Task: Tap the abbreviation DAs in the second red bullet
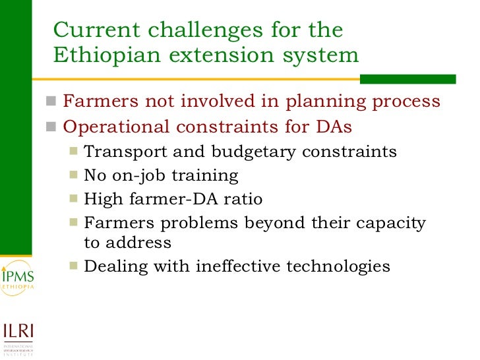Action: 337,127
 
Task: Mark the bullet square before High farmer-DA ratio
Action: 73,198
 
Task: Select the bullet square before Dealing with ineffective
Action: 73,266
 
